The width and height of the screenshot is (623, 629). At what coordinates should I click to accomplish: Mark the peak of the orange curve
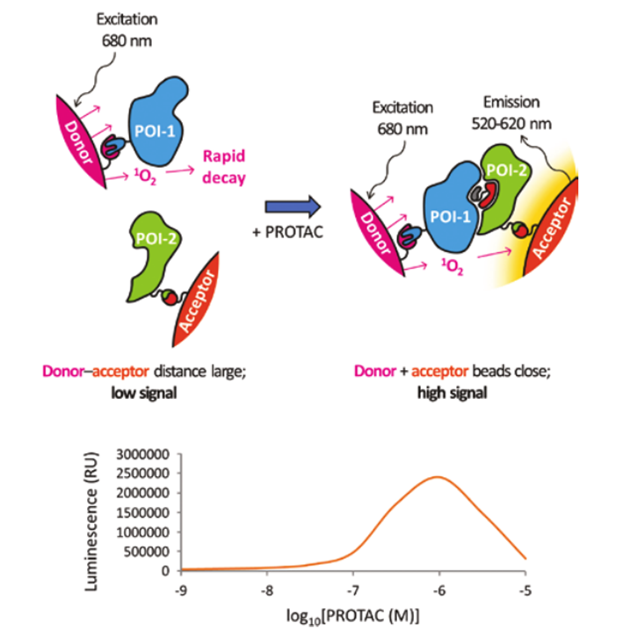pos(437,477)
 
